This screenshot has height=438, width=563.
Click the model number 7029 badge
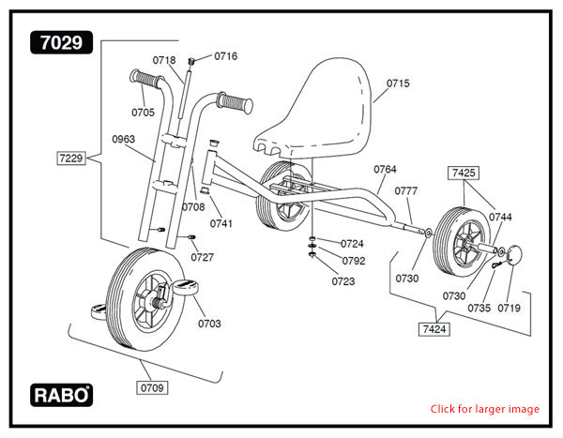63,42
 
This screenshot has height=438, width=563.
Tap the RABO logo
63,396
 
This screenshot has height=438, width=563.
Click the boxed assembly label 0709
153,386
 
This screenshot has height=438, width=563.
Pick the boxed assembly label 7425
464,174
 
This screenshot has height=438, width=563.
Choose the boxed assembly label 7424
434,328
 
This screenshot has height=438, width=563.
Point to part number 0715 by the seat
398,83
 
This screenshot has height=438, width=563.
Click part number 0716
225,56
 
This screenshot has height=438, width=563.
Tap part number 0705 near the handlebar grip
143,113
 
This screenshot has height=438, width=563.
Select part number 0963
123,139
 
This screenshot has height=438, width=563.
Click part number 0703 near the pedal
209,324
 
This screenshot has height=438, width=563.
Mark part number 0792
353,261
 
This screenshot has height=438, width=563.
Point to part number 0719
509,308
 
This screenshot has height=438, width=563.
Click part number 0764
385,170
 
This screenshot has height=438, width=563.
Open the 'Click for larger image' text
484,409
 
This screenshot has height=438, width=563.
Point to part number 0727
202,257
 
